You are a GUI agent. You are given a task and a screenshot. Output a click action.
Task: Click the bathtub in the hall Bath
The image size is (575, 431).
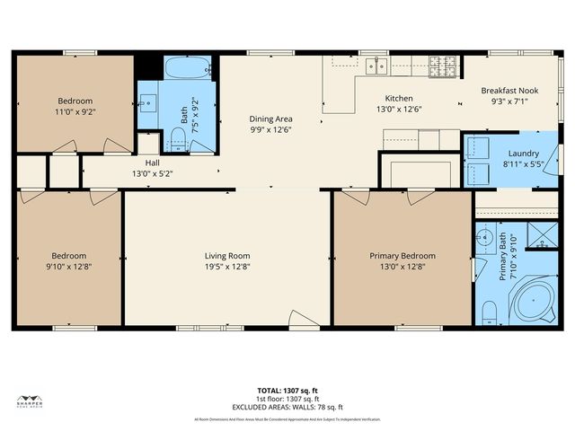(x=188, y=67)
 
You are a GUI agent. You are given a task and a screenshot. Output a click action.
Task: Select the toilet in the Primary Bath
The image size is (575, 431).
(x=489, y=312)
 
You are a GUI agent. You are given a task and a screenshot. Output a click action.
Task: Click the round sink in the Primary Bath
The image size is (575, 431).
(x=483, y=238)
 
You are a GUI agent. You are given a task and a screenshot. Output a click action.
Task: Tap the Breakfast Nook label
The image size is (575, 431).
(x=509, y=91)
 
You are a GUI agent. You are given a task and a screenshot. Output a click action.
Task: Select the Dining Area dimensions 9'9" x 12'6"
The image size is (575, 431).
(x=270, y=129)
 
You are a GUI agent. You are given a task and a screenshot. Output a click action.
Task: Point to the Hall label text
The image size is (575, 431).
(x=153, y=163)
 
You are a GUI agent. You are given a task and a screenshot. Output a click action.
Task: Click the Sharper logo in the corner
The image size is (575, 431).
(x=31, y=402)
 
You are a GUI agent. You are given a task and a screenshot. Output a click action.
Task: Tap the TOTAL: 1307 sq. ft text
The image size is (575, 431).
(x=287, y=391)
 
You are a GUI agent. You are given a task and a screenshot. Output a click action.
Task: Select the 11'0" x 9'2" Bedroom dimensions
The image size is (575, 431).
(x=75, y=112)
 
